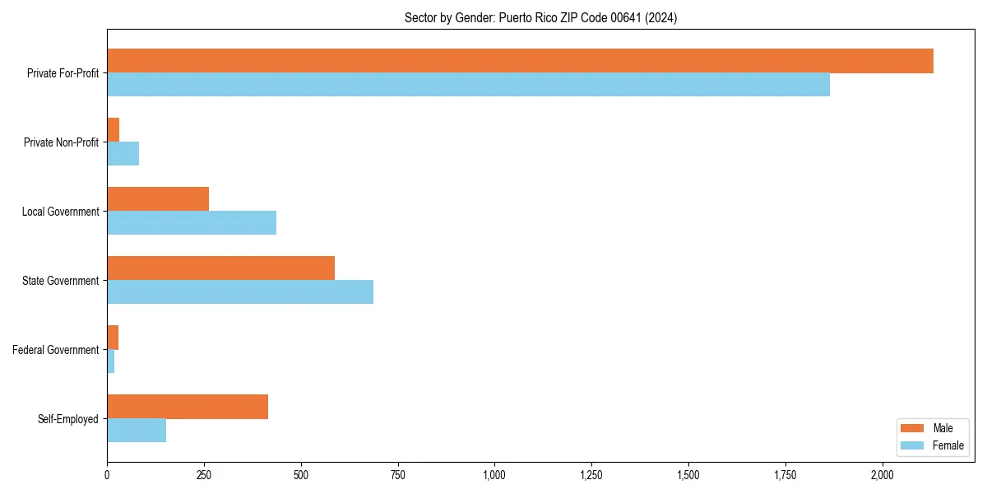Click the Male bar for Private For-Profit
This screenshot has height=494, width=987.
[520, 61]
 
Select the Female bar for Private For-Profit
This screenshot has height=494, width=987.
[468, 85]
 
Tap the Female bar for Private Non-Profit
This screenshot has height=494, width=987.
[123, 154]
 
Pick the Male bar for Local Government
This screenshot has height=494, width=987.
[158, 199]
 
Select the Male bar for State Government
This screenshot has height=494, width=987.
[220, 268]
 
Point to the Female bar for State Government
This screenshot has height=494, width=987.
[240, 292]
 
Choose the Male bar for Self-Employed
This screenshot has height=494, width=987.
[188, 407]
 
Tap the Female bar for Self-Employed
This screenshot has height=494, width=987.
[137, 431]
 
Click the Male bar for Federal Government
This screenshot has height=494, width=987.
[113, 338]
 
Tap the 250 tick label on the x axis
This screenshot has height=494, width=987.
[204, 475]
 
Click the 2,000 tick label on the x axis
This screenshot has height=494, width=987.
[882, 475]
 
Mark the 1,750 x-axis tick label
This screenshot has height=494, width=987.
[785, 475]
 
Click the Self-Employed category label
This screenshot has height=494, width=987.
[67, 419]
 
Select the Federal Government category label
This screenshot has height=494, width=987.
[55, 350]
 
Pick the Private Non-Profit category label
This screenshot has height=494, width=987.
[61, 142]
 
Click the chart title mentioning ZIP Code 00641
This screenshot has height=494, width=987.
[540, 18]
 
